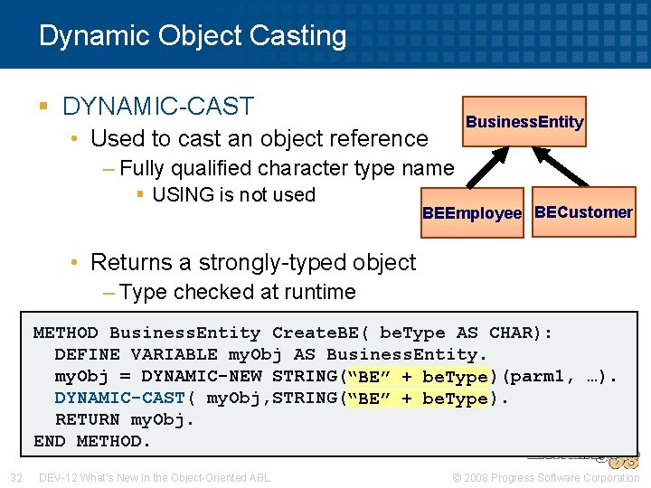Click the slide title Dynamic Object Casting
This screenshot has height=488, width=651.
[x=193, y=36]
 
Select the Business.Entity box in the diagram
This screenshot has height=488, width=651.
[x=524, y=122]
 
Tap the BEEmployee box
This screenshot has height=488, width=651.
[x=472, y=214]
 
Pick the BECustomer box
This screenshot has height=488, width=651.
[x=583, y=212]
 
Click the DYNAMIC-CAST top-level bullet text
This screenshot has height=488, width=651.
[x=158, y=107]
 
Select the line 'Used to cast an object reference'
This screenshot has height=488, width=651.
[x=259, y=138]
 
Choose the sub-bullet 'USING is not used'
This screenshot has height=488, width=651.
[x=233, y=195]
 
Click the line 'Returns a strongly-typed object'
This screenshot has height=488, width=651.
[x=253, y=263]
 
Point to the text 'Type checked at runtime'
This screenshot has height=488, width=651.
[x=237, y=292]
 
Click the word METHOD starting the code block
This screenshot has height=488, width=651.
[x=65, y=333]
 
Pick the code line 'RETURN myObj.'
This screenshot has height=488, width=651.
[x=125, y=420]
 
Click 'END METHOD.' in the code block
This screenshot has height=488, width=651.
[x=92, y=442]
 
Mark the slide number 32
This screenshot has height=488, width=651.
[x=16, y=477]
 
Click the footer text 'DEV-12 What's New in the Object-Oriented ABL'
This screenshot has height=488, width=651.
[x=154, y=477]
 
